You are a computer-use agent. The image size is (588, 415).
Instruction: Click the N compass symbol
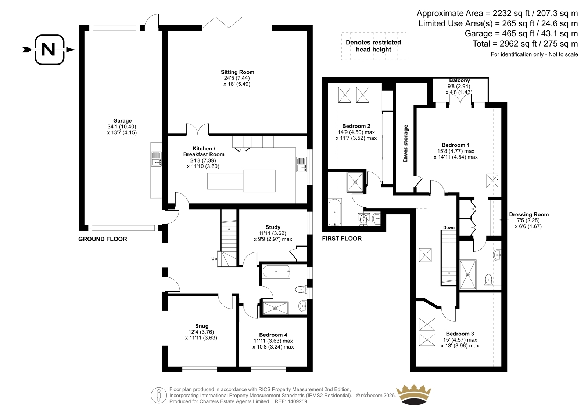coord(49,50)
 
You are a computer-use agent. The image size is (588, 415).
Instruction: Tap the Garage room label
coord(122,121)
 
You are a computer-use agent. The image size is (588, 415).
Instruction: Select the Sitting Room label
coord(237,72)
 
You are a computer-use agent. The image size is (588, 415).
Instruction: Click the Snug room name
coord(202,326)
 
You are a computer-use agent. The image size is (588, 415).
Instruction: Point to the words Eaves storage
coord(406,144)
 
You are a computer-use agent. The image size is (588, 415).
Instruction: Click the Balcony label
coord(459,80)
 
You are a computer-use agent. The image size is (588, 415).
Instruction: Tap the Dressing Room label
coord(529,214)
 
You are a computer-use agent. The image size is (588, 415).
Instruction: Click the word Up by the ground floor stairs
coord(214,259)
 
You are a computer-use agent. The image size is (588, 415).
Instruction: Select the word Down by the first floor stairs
coord(449,227)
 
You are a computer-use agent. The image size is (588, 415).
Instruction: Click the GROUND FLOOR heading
coord(103,239)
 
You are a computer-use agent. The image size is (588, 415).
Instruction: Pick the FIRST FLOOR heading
coord(342,239)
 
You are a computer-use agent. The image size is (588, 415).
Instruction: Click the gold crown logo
coord(414,395)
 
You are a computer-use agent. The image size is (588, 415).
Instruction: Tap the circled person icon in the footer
coord(159,395)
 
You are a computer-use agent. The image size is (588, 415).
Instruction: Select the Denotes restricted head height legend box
coord(373,46)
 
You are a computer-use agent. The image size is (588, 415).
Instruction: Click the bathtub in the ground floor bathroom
coord(276,271)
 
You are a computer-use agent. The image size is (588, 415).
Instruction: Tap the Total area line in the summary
coord(525,44)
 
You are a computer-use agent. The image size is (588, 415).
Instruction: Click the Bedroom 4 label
coord(273,335)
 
